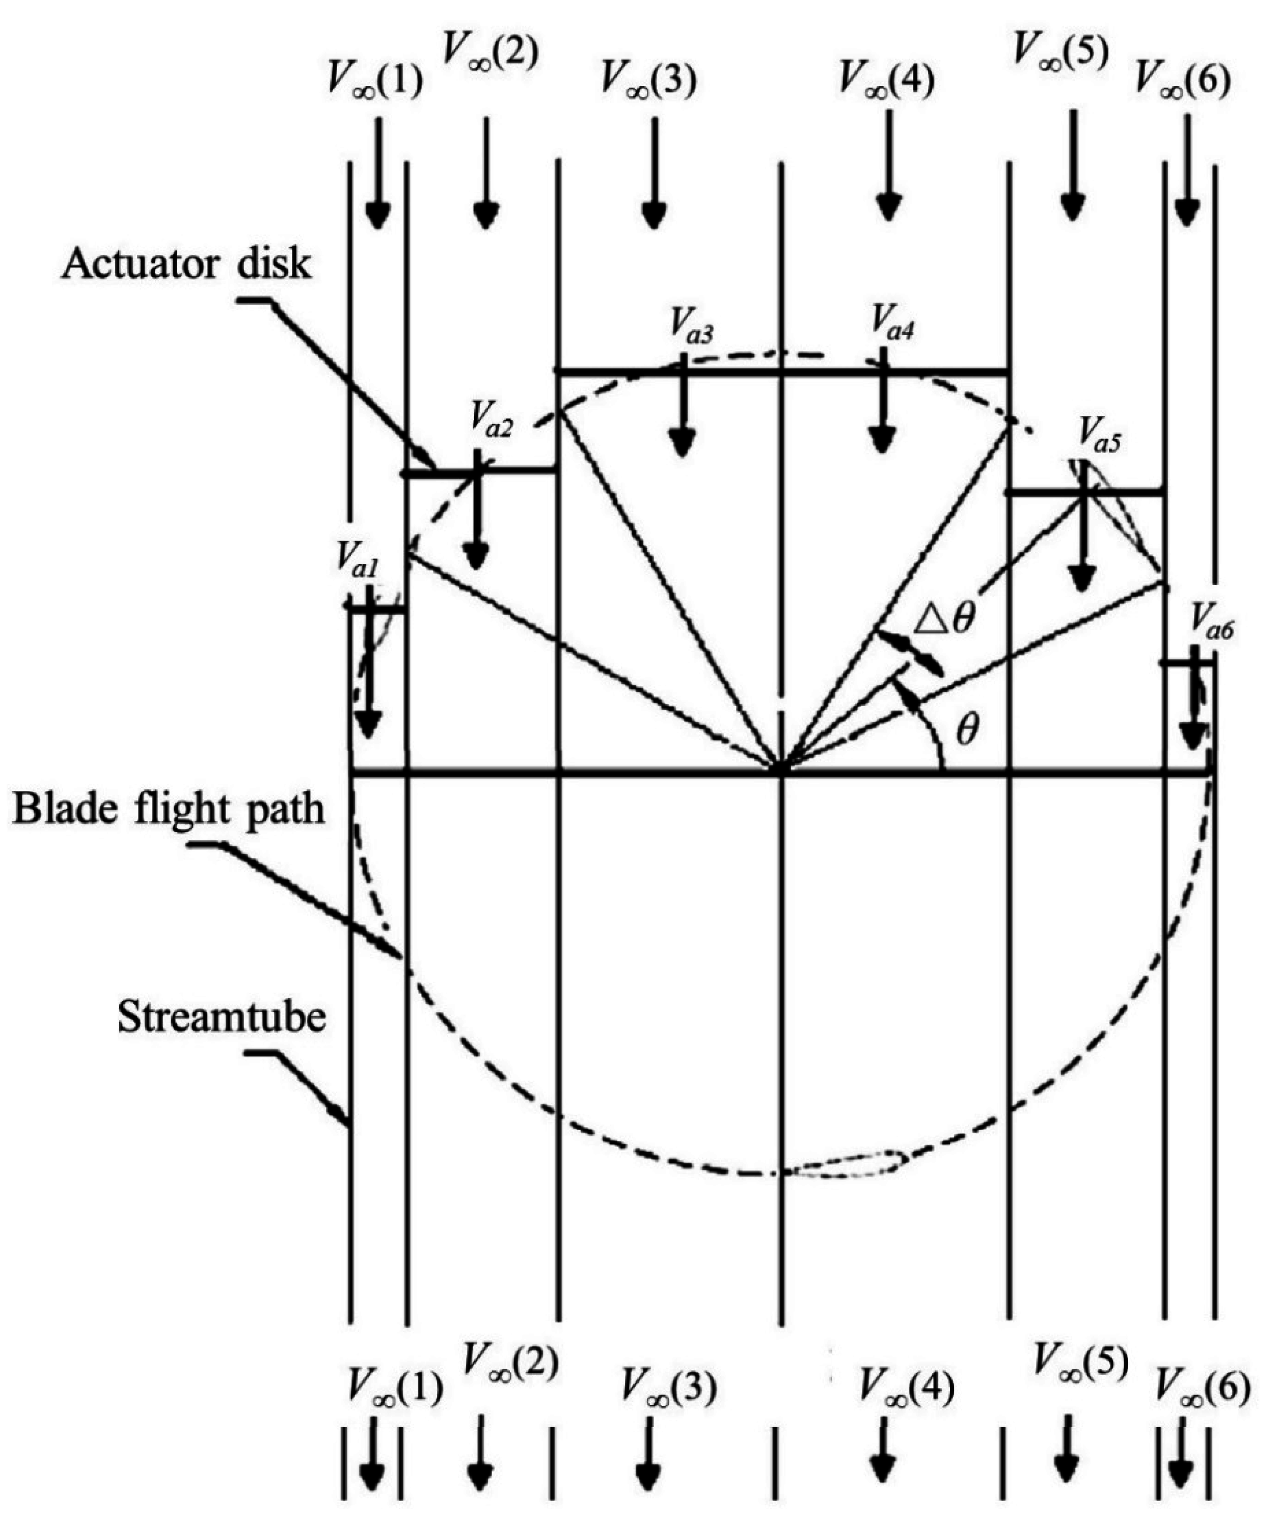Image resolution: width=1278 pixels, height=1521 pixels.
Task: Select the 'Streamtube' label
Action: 222,1017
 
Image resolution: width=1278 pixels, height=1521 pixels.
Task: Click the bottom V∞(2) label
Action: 510,1363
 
